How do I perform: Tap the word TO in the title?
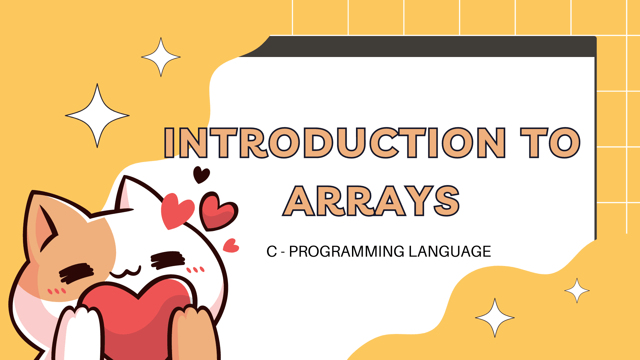click(550, 142)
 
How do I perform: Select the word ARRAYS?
click(371, 201)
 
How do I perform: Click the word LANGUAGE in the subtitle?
click(450, 251)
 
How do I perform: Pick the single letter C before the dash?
click(272, 251)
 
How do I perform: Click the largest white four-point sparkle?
click(97, 116)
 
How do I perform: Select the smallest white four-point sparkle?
click(577, 291)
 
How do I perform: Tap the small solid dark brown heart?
click(201, 174)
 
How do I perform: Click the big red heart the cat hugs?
click(137, 317)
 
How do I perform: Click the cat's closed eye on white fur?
click(168, 260)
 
